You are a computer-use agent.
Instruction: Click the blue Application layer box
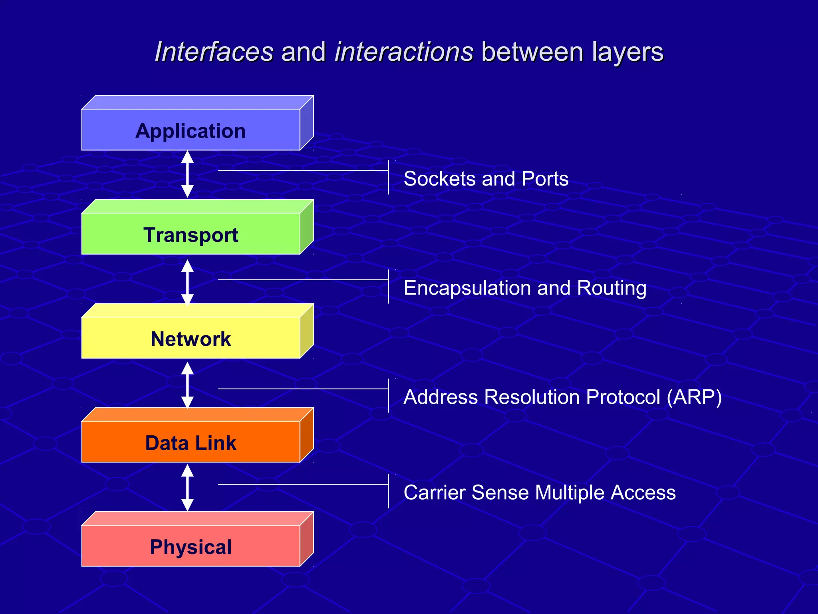tap(191, 130)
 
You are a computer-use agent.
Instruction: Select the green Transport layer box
tap(191, 234)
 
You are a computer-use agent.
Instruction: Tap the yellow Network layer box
tap(191, 338)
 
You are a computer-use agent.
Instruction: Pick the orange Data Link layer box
tap(191, 442)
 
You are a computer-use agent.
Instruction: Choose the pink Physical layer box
tap(191, 546)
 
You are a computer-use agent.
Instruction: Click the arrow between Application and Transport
tap(187, 174)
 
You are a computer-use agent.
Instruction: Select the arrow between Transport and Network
tap(187, 282)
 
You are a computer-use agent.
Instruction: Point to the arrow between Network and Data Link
tap(187, 385)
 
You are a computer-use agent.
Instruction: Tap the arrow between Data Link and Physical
tap(187, 488)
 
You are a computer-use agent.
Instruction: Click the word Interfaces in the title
tap(214, 52)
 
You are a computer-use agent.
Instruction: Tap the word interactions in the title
tap(404, 52)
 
